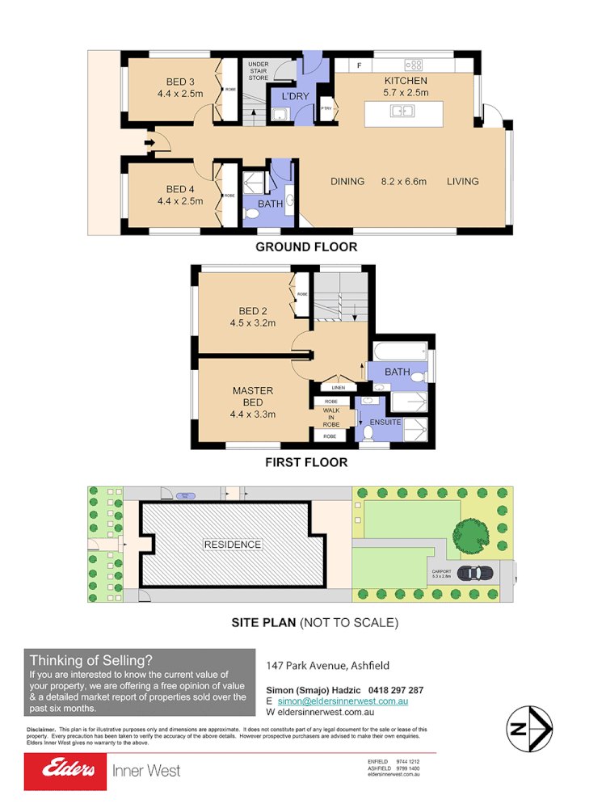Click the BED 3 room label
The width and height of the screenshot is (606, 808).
tap(180, 82)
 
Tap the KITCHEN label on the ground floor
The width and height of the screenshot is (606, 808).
tap(405, 81)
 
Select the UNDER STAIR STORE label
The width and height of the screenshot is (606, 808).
tap(259, 70)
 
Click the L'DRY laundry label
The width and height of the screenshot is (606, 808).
tap(295, 96)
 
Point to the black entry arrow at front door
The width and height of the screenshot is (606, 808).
tap(149, 144)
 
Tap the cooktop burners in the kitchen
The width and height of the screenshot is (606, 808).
tap(415, 65)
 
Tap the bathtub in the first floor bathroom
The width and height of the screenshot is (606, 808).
tap(399, 351)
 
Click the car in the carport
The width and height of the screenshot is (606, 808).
tap(473, 572)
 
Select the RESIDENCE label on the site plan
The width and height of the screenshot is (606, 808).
tap(232, 544)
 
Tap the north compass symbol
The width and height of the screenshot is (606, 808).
tap(529, 730)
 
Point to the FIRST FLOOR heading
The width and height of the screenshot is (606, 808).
tap(306, 463)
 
